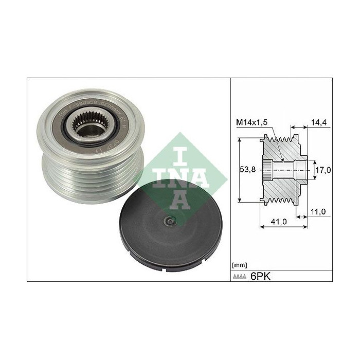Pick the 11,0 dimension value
click(x=321, y=212)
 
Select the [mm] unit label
click(x=240, y=265)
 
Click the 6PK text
click(x=260, y=276)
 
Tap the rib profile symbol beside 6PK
click(x=240, y=277)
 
